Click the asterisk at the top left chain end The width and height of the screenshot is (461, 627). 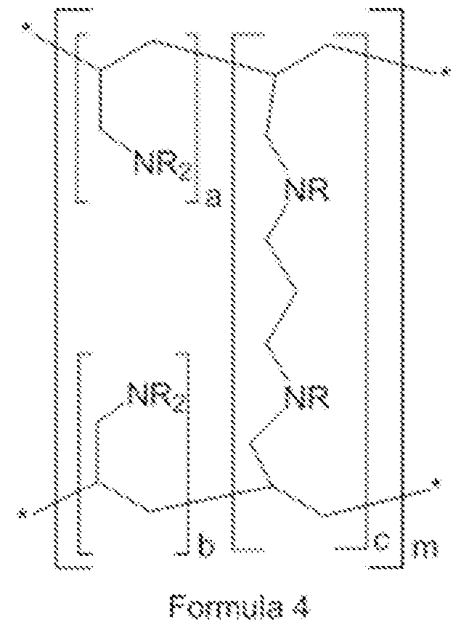pyautogui.click(x=26, y=28)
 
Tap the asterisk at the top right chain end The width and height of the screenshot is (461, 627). pyautogui.click(x=444, y=72)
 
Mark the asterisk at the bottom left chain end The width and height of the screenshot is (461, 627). pyautogui.click(x=24, y=512)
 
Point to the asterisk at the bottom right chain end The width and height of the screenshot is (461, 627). pyautogui.click(x=438, y=483)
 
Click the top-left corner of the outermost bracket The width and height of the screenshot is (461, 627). pyautogui.click(x=55, y=9)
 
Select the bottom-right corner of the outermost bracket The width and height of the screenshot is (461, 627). pyautogui.click(x=401, y=566)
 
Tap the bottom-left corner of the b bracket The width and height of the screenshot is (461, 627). pyautogui.click(x=79, y=554)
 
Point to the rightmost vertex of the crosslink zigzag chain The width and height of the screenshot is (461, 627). pyautogui.click(x=296, y=290)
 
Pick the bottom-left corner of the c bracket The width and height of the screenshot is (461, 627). pyautogui.click(x=233, y=551)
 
